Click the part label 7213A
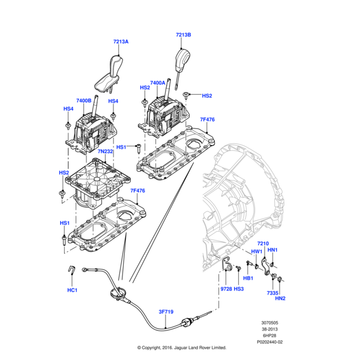coord(121,42)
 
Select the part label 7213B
coord(184,35)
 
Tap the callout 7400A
coord(158,83)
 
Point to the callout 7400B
coord(84,101)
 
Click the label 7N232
coord(104,152)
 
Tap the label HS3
coord(239,289)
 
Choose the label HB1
coord(248,278)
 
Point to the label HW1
coord(256,251)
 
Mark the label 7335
coord(273,292)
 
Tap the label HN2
coord(280,298)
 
